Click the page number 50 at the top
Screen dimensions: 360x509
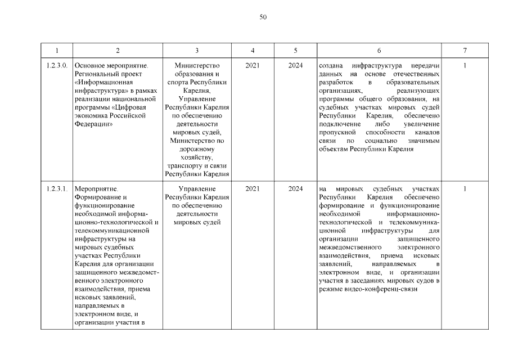click(x=263, y=17)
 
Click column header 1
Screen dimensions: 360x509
click(x=57, y=51)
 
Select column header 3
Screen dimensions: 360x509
click(x=197, y=51)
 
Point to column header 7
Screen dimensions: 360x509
click(x=465, y=51)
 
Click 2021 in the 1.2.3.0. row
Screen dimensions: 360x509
click(x=253, y=66)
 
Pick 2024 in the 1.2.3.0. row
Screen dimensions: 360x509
click(x=295, y=66)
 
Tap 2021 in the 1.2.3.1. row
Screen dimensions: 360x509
click(x=253, y=188)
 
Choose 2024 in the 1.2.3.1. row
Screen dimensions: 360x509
click(x=295, y=188)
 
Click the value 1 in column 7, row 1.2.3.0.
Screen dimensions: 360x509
click(x=465, y=66)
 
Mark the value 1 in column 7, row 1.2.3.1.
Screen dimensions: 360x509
click(x=465, y=188)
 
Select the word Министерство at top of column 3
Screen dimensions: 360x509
click(x=197, y=66)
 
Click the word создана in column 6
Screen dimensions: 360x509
click(x=330, y=66)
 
